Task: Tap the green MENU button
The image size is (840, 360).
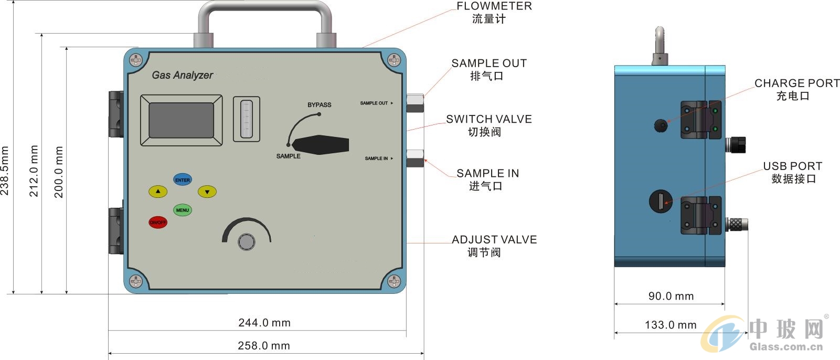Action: point(183,210)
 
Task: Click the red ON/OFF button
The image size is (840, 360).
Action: point(158,223)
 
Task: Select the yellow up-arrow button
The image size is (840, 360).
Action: point(158,192)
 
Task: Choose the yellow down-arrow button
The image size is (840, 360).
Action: point(207,192)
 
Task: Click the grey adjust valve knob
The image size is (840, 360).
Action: point(247,242)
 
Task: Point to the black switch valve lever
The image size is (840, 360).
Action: point(320,145)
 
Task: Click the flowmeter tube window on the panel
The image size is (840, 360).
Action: point(247,119)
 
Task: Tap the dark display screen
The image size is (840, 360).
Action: point(182,120)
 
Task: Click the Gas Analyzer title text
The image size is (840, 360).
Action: point(182,76)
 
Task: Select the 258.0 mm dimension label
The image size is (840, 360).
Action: point(264,346)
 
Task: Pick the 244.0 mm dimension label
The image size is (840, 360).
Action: point(264,323)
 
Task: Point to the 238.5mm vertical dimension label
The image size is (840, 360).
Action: point(5,171)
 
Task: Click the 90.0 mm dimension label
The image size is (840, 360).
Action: point(671,297)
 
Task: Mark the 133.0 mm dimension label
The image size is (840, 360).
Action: point(671,325)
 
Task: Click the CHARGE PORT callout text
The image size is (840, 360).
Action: point(797,83)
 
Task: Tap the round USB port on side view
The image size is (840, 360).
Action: point(661,202)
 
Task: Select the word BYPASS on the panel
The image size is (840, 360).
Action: point(320,105)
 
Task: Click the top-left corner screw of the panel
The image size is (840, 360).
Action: point(136,60)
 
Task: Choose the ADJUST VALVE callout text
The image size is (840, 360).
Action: point(494,240)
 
